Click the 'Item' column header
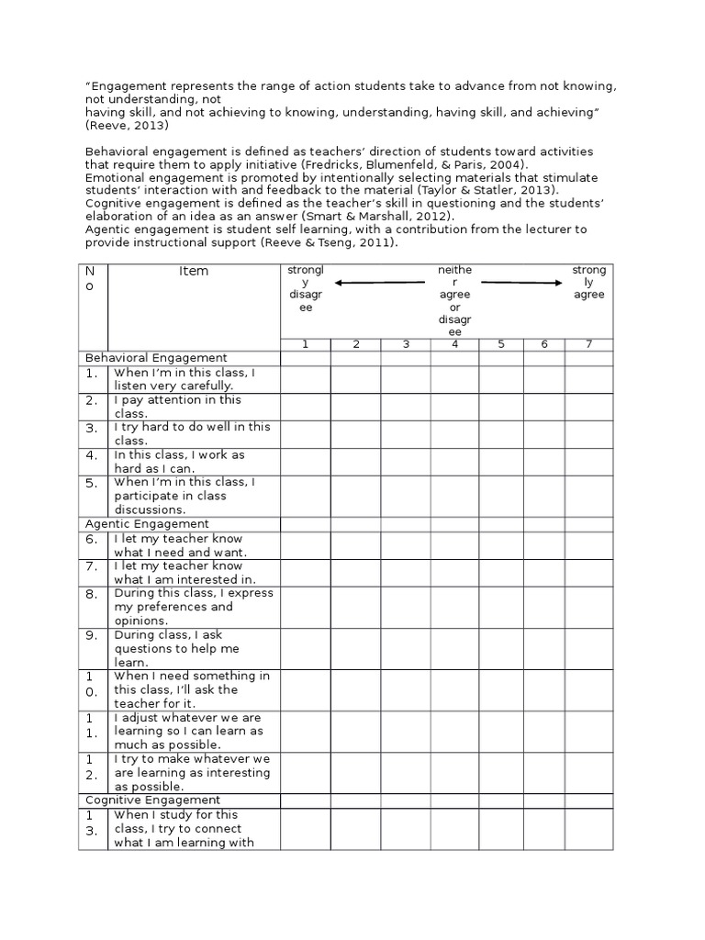click(194, 271)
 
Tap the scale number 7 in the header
click(588, 344)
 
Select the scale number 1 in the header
click(306, 344)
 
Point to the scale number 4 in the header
click(455, 344)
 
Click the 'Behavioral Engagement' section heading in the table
click(156, 357)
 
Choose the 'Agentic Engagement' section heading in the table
click(147, 523)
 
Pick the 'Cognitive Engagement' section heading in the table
click(152, 800)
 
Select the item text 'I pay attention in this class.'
click(177, 407)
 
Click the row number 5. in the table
click(92, 484)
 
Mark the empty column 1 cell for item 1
click(306, 379)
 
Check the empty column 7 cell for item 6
click(588, 545)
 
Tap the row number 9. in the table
click(92, 634)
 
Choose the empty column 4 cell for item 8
click(455, 607)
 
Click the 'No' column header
click(92, 279)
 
